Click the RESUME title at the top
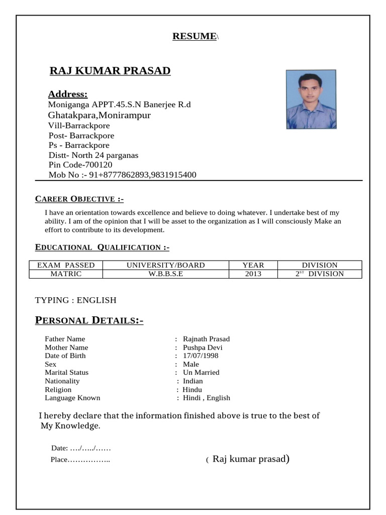click(x=195, y=36)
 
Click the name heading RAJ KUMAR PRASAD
click(x=110, y=70)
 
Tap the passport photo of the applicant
click(x=311, y=99)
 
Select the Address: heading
click(x=67, y=95)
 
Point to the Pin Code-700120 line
click(x=80, y=165)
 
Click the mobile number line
click(x=122, y=175)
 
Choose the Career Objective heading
click(x=79, y=199)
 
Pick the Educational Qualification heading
click(x=102, y=247)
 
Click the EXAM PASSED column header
click(x=66, y=265)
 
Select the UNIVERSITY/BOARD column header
click(x=165, y=265)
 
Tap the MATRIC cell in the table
click(x=66, y=274)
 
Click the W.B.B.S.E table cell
click(x=165, y=274)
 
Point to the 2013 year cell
click(x=253, y=274)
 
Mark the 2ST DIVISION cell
click(x=319, y=274)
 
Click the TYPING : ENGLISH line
click(x=75, y=300)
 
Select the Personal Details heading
click(x=89, y=321)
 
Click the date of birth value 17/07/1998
click(x=201, y=356)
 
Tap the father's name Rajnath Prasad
click(x=206, y=339)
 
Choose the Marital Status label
click(x=66, y=373)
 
